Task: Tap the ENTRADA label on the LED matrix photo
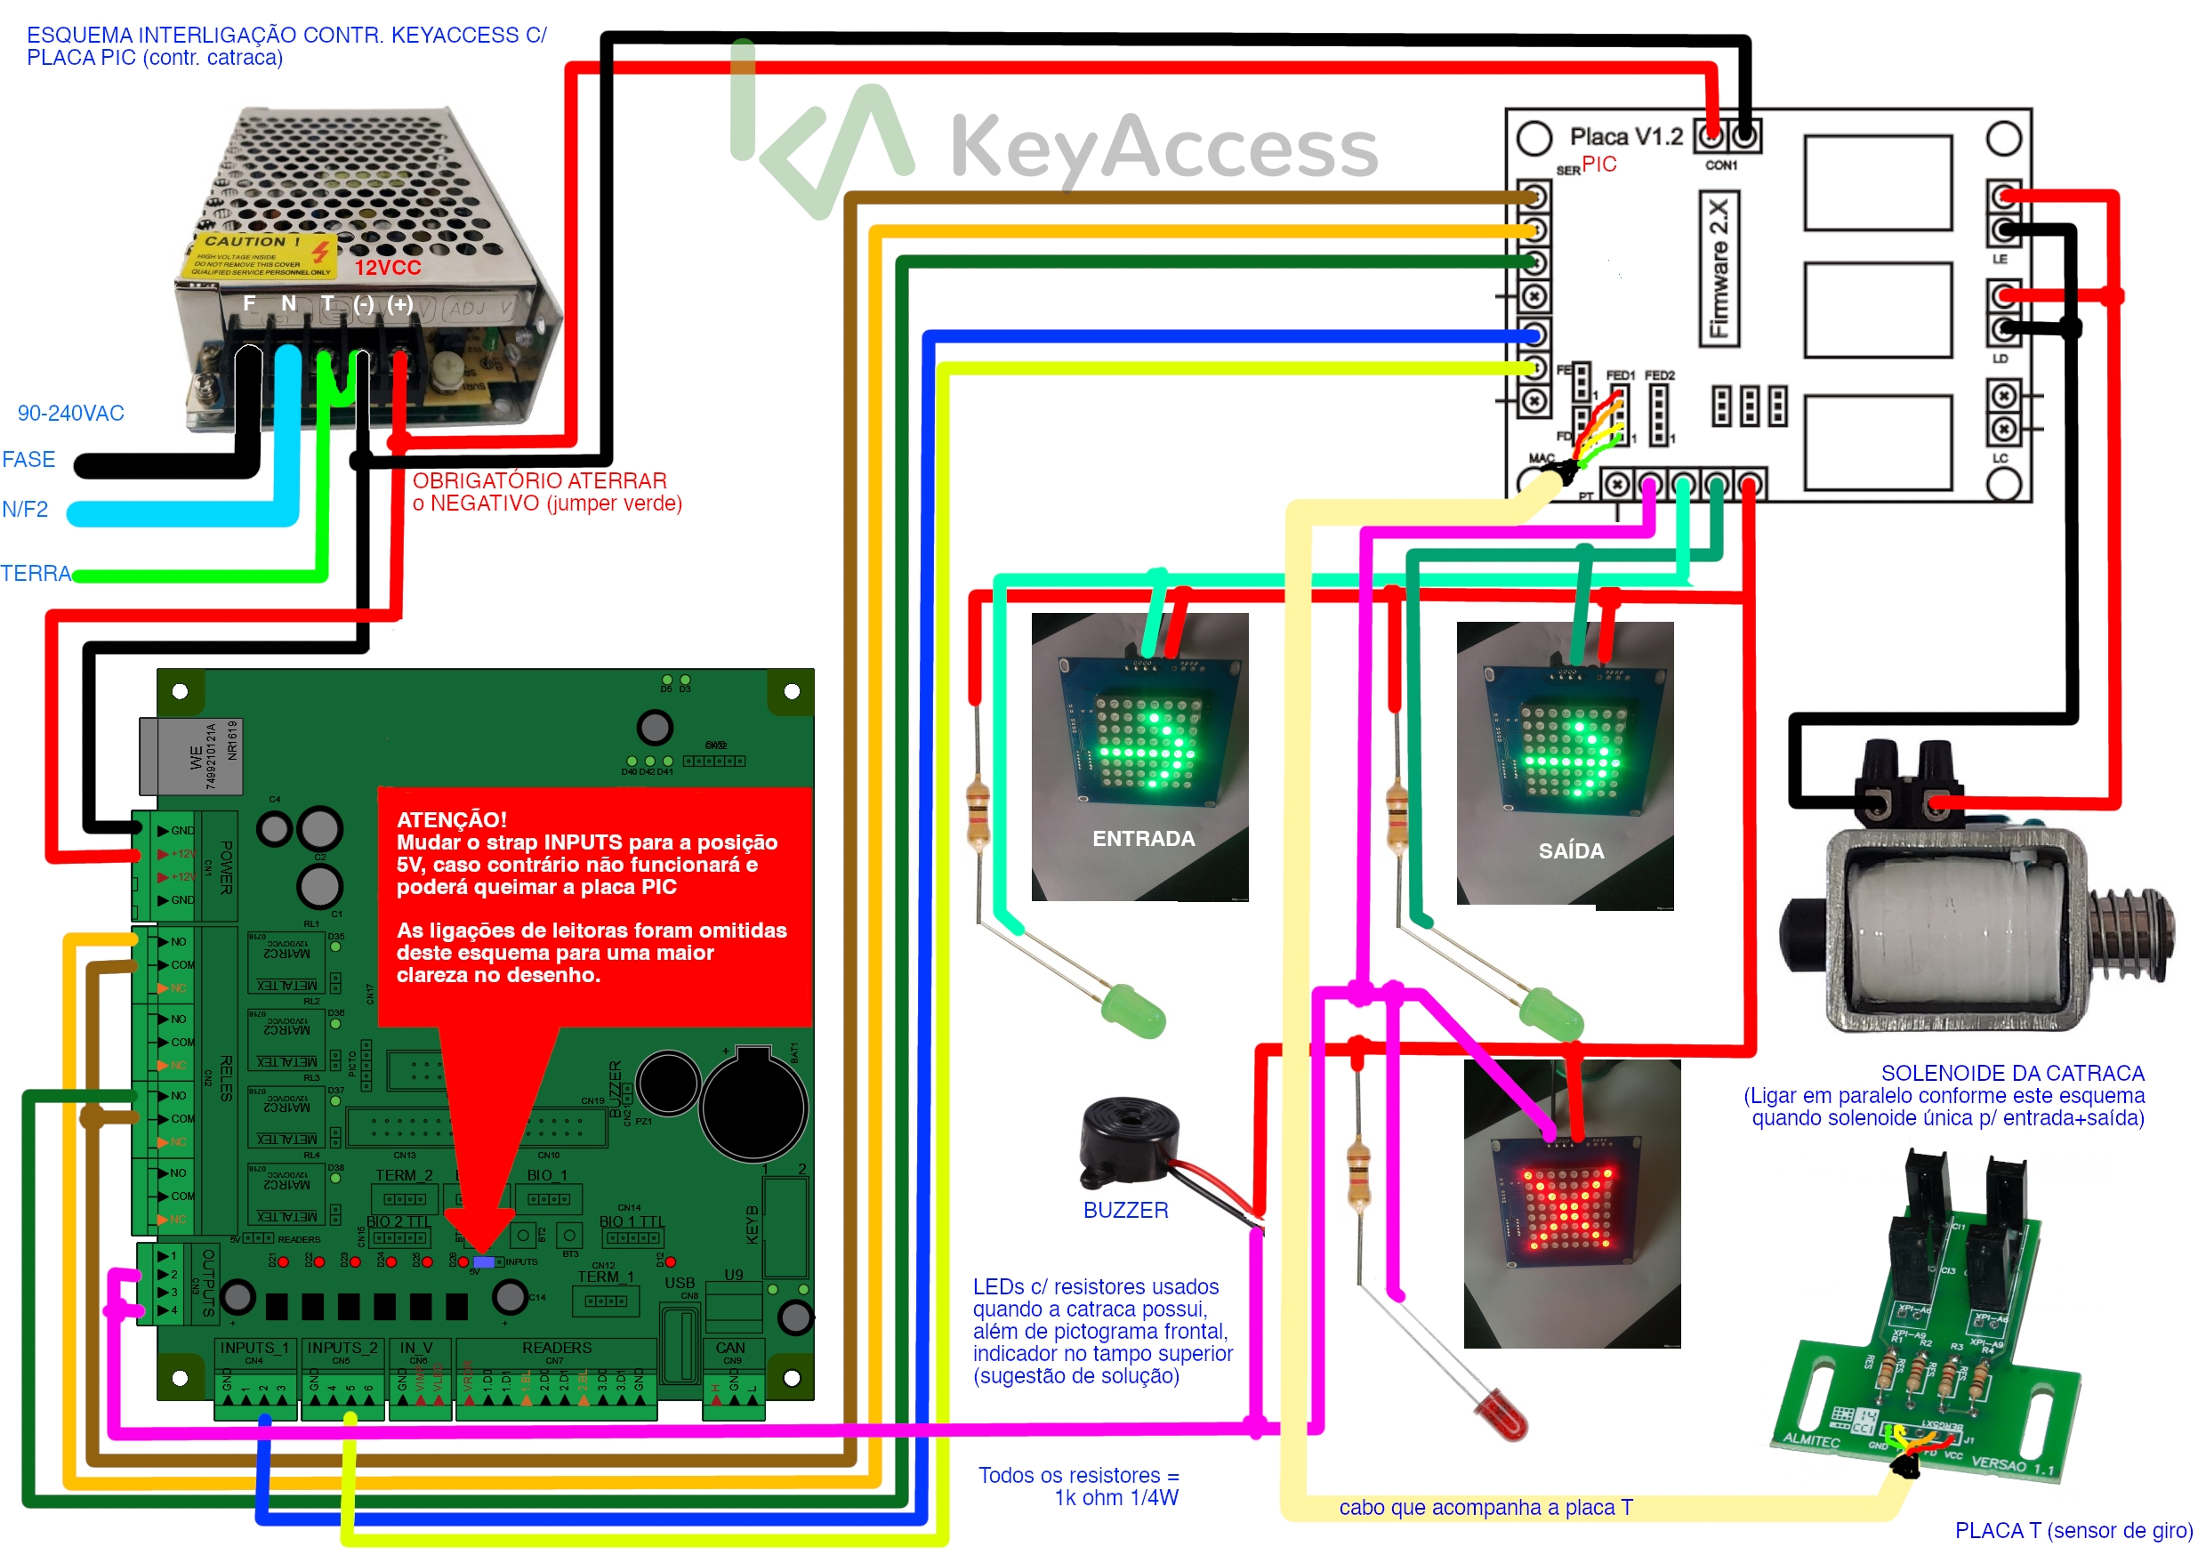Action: tap(1143, 839)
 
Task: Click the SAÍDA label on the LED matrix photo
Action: tap(1571, 850)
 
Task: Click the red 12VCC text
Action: tap(387, 268)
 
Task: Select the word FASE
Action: tap(28, 459)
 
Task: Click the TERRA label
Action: tap(36, 574)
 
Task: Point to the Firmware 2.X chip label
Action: tap(1719, 268)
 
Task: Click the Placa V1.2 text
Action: tap(1626, 136)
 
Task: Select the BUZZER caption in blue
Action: tap(1125, 1210)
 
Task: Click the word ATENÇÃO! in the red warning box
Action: tap(452, 820)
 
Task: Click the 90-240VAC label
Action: tap(71, 414)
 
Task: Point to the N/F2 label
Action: tap(25, 510)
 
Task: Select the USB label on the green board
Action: tap(680, 1282)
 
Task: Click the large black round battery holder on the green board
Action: tap(753, 1106)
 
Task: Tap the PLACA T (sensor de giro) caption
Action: tap(2073, 1530)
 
